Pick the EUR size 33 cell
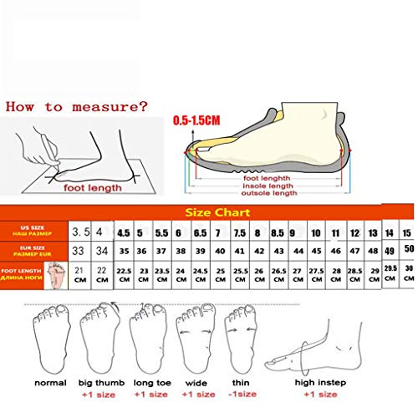(82, 251)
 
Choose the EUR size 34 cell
(103, 251)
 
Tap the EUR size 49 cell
(390, 251)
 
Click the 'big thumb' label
(99, 383)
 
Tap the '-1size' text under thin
(242, 393)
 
